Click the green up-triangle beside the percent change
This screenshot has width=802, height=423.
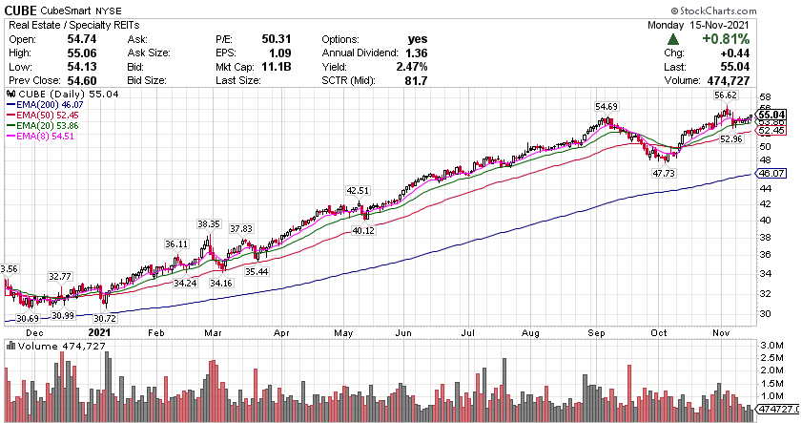pos(673,39)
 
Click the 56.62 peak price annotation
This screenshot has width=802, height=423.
pos(727,95)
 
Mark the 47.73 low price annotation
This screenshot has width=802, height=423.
pos(663,174)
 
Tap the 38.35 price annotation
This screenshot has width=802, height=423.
pos(209,223)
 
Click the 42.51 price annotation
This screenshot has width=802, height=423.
pos(359,190)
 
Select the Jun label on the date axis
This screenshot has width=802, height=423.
pos(404,334)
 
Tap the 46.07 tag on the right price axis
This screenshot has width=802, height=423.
pos(769,174)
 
